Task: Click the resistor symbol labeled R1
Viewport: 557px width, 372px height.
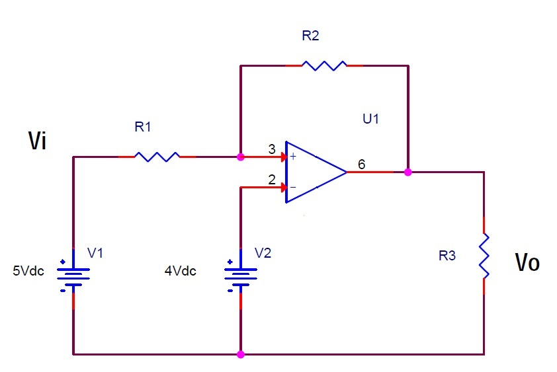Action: (157, 157)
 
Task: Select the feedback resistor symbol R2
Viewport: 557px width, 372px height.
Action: (323, 65)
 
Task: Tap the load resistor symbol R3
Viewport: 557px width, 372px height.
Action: (484, 255)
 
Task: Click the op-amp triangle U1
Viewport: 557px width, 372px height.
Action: (314, 172)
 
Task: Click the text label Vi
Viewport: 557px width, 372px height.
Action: (37, 141)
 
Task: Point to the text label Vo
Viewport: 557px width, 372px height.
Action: (527, 263)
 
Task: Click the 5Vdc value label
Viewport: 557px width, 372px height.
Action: (28, 270)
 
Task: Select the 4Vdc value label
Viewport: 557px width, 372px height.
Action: (180, 270)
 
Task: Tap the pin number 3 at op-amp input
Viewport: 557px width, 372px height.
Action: (271, 150)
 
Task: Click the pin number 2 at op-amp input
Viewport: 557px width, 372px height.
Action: (271, 179)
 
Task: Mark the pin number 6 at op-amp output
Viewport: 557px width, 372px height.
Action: (361, 164)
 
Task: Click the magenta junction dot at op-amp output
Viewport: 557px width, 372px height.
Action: (408, 172)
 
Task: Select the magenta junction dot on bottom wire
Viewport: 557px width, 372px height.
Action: (240, 354)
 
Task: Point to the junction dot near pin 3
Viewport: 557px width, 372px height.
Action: (240, 157)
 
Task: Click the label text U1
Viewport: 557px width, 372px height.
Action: (371, 120)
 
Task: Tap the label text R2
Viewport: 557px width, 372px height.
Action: (310, 36)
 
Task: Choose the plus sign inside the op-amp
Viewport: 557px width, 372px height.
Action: (292, 157)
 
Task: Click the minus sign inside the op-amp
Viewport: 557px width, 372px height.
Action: (292, 187)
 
